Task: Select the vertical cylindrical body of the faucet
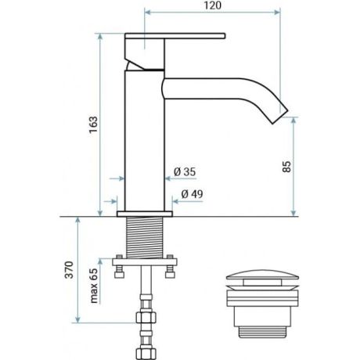pos(145,141)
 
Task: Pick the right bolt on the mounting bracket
pos(169,271)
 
